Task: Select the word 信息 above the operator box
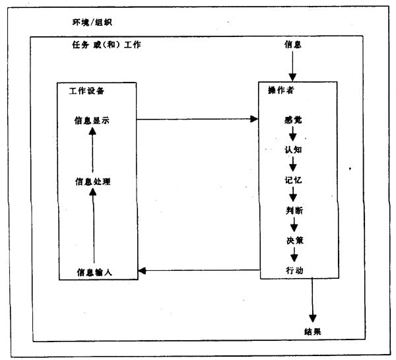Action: [x=292, y=46]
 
